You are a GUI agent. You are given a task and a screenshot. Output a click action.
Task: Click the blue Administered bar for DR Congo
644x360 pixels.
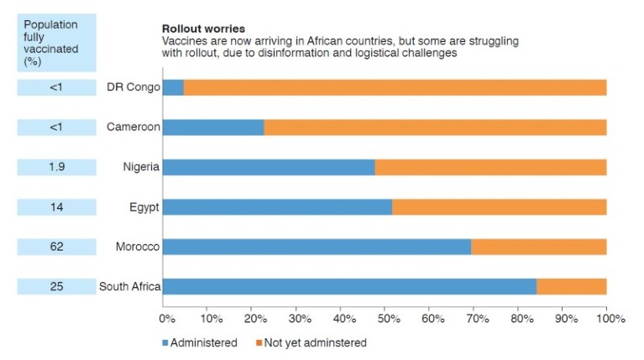[173, 87]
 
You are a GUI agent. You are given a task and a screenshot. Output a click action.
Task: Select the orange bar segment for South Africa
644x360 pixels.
[571, 287]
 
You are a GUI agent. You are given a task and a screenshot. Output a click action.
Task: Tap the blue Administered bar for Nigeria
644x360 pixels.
[268, 167]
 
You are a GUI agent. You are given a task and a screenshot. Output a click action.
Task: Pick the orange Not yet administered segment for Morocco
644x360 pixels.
[538, 247]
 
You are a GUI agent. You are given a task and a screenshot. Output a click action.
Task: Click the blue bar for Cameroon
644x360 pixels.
[212, 128]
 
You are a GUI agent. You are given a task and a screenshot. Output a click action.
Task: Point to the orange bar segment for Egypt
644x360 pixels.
[499, 207]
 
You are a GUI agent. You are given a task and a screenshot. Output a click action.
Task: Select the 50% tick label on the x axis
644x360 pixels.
[388, 319]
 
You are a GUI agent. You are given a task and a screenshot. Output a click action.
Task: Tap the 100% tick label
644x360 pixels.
[610, 319]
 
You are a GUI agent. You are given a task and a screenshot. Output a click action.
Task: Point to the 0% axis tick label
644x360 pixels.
[166, 319]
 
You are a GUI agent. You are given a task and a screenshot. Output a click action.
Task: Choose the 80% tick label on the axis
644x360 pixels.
[521, 319]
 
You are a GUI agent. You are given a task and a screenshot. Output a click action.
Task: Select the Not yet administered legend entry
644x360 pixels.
[310, 342]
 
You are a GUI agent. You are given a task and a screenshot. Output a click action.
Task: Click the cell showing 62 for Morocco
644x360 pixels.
[56, 247]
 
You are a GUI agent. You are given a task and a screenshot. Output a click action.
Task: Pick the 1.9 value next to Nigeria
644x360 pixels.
[56, 167]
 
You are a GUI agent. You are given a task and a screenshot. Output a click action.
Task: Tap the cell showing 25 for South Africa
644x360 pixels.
[56, 287]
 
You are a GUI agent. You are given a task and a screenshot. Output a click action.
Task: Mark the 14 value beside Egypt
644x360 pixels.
[56, 207]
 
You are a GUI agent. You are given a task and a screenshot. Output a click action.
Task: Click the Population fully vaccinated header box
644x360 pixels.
[56, 43]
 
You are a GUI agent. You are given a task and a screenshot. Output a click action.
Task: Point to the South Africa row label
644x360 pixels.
[129, 287]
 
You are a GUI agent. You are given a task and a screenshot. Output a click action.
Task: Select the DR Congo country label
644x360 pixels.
[133, 87]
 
